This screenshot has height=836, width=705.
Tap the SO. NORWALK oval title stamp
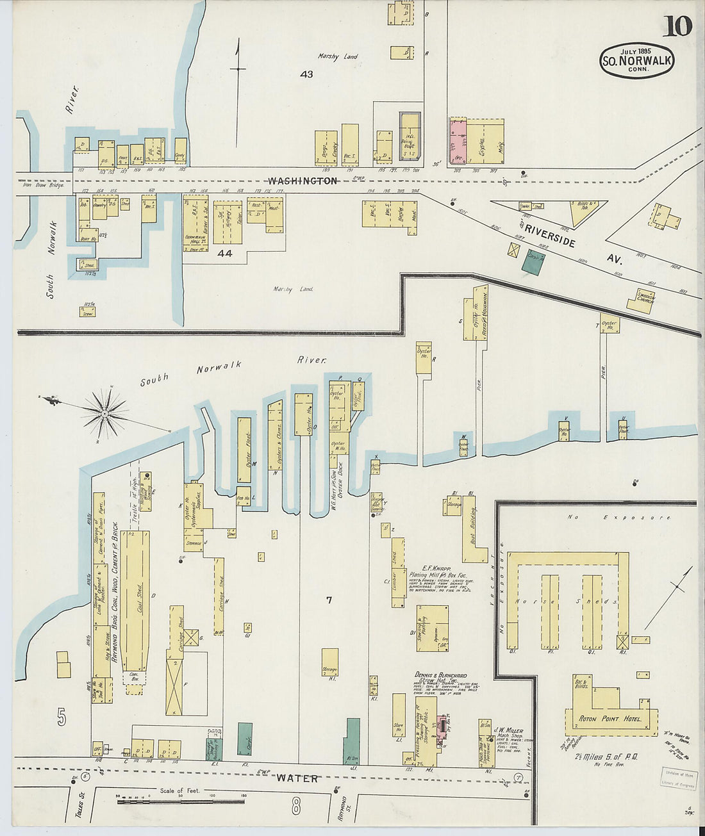[x=636, y=61]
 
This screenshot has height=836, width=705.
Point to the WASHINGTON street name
[x=302, y=181]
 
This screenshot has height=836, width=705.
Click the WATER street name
[x=297, y=778]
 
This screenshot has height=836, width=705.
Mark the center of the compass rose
[x=104, y=414]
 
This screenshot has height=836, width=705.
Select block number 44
[x=225, y=254]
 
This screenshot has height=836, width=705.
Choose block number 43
[x=306, y=74]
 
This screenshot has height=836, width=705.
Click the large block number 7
[x=329, y=600]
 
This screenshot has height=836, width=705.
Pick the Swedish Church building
[x=641, y=300]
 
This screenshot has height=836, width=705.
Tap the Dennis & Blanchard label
[x=440, y=675]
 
